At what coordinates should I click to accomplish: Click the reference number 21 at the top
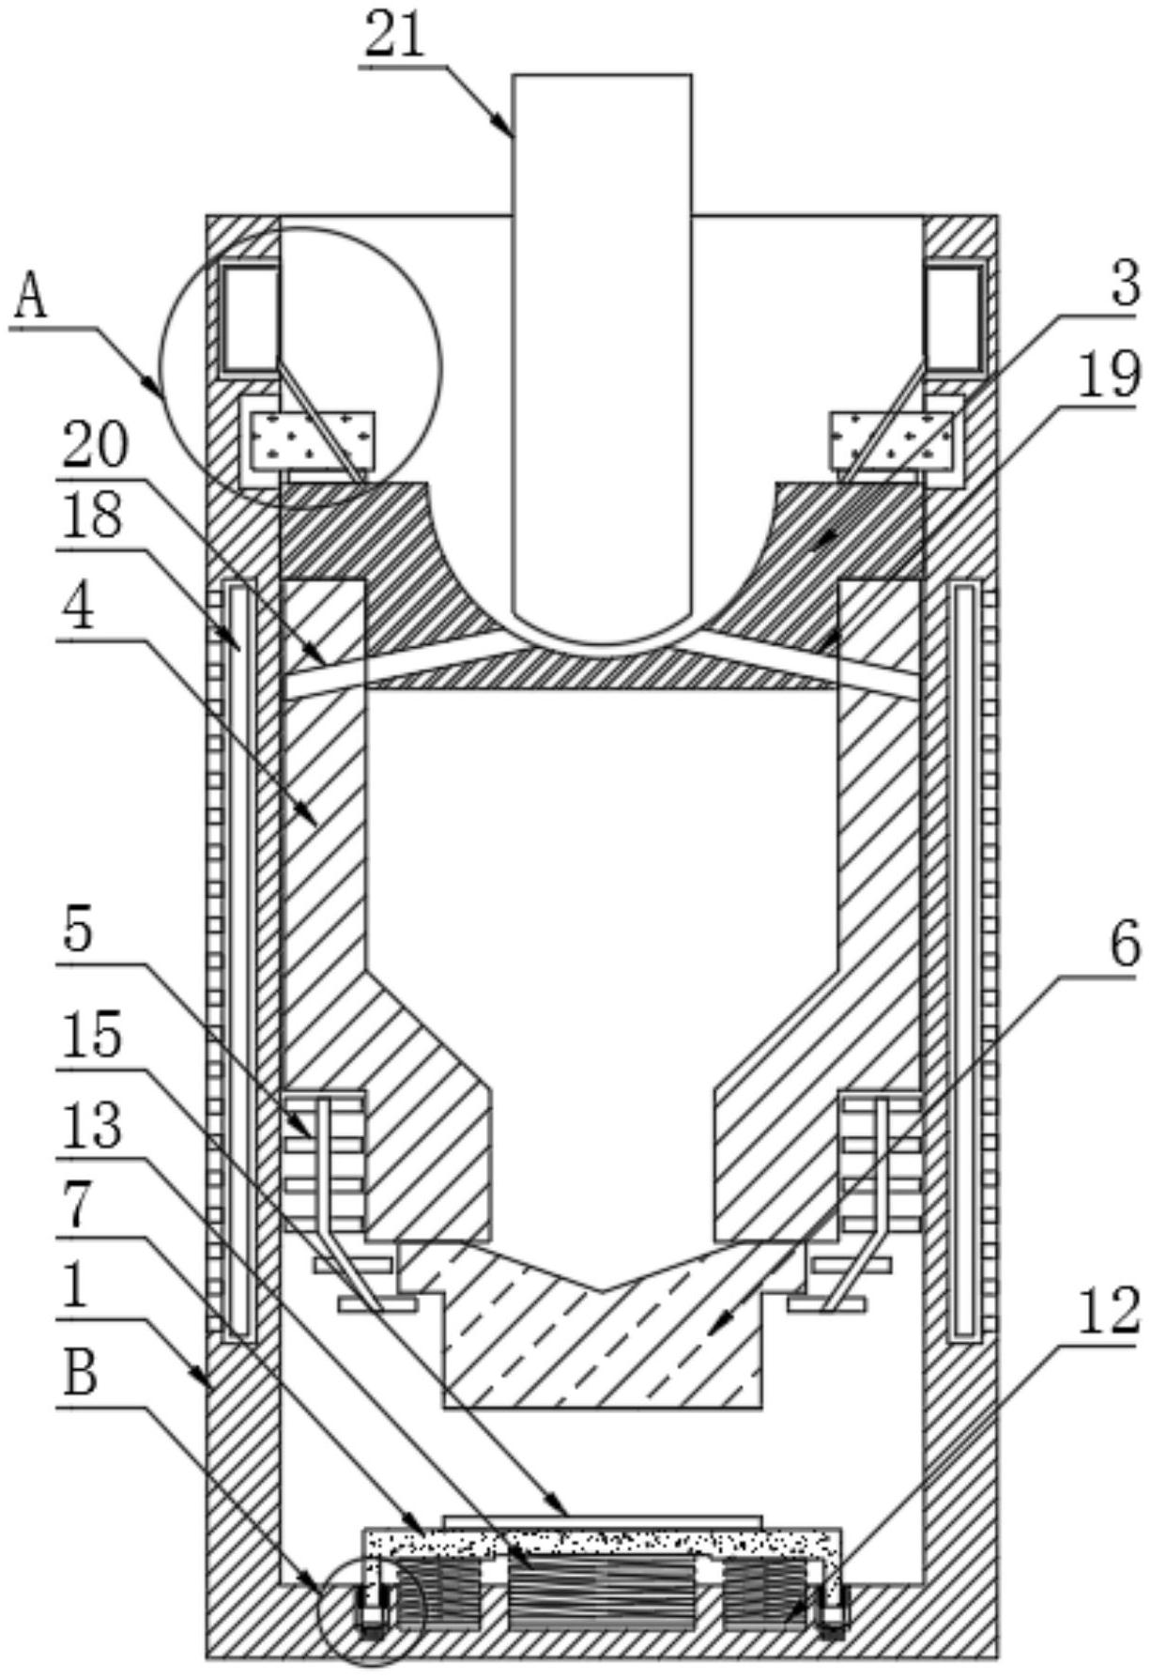tap(396, 39)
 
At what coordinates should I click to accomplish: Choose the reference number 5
tap(79, 932)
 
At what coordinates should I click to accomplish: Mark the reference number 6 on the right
tap(1124, 945)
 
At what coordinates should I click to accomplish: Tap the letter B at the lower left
tap(80, 1379)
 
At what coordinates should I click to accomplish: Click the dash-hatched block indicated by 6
tap(601, 1324)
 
